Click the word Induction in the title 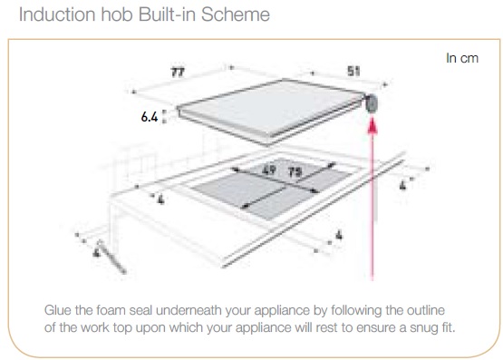[x=57, y=15]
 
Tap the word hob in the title [x=117, y=15]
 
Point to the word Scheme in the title [x=236, y=15]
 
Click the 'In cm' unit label [x=462, y=58]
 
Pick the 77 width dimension [x=178, y=73]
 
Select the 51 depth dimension [x=353, y=72]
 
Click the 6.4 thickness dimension [x=150, y=117]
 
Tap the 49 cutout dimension [x=269, y=170]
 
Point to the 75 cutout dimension [x=295, y=172]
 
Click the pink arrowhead [x=372, y=125]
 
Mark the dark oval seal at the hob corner [x=372, y=103]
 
